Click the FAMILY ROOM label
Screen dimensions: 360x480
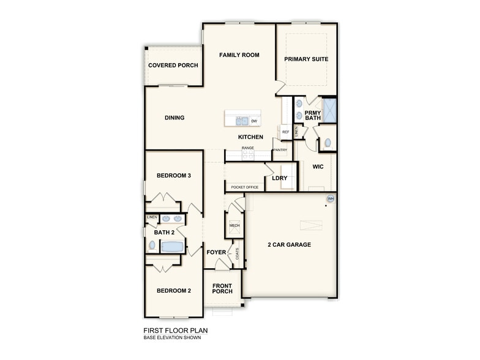(x=239, y=55)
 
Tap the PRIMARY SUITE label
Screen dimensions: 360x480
(x=306, y=59)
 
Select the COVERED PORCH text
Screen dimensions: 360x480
(x=173, y=66)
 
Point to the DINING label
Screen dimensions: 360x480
(x=174, y=118)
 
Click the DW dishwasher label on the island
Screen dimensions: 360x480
(x=253, y=121)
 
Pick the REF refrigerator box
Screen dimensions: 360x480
(x=285, y=132)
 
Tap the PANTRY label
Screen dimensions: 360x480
(x=280, y=150)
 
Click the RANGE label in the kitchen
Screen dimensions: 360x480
(x=247, y=148)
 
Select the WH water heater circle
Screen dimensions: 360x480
(x=331, y=198)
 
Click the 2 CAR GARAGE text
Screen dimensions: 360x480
(x=289, y=245)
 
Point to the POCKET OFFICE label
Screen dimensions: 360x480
(x=245, y=187)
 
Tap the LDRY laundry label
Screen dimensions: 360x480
(x=280, y=178)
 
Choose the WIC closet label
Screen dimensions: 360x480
(x=318, y=166)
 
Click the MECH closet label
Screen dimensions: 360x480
(x=234, y=226)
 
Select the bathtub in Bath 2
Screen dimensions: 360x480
(x=172, y=246)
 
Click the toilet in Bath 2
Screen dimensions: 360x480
(x=152, y=246)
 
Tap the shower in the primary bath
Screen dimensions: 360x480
(x=329, y=111)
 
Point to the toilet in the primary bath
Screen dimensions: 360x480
(x=328, y=143)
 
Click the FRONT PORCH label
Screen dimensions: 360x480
(x=222, y=288)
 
